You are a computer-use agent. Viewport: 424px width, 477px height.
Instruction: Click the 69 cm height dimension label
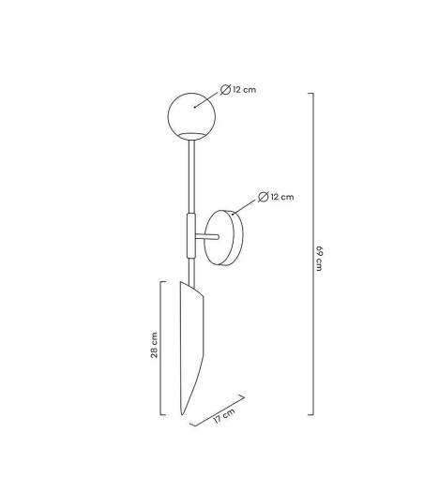click(319, 259)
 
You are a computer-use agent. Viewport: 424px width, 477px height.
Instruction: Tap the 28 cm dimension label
click(154, 345)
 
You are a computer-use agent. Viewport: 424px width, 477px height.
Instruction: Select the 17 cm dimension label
click(224, 415)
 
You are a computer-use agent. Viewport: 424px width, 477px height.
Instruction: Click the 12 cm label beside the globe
click(244, 90)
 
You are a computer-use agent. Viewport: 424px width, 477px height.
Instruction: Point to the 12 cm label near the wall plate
click(282, 197)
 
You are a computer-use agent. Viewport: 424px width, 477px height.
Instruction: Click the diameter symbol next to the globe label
click(225, 90)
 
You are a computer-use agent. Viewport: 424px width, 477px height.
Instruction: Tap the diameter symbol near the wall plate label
click(264, 197)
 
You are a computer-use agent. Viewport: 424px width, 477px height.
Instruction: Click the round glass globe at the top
click(191, 116)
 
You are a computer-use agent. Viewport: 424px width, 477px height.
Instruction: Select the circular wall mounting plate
click(223, 238)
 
